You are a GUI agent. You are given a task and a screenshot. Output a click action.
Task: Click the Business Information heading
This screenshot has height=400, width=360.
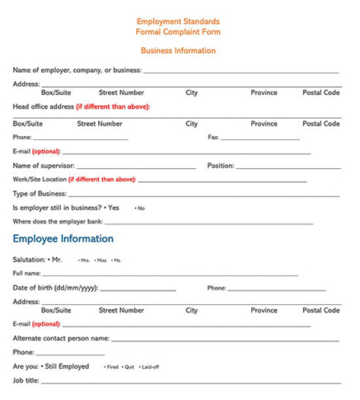tap(178, 50)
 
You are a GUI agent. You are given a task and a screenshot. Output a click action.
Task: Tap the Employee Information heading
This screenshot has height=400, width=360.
tap(63, 239)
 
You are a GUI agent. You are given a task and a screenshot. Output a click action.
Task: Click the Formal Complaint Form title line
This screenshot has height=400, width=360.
tap(178, 31)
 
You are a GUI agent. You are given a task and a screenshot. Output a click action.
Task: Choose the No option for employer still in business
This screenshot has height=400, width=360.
tap(140, 208)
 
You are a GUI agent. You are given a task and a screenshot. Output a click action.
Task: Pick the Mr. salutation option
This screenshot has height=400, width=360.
tap(54, 260)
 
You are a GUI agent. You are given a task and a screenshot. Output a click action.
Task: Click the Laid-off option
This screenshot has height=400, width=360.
tap(149, 367)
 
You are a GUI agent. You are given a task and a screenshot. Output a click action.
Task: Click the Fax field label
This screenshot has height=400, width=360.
tap(213, 137)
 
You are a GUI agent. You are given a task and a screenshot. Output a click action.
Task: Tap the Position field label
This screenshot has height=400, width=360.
tap(220, 166)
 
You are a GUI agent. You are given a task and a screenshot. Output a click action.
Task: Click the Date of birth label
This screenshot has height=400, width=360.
tap(54, 288)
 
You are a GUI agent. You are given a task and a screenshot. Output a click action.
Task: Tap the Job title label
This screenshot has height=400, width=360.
tap(26, 380)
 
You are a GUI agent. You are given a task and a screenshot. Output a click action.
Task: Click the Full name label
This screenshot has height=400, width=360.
tap(26, 273)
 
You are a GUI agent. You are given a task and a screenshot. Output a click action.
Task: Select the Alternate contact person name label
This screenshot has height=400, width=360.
tap(61, 338)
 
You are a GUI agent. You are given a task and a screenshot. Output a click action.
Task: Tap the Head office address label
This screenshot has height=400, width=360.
tap(43, 106)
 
